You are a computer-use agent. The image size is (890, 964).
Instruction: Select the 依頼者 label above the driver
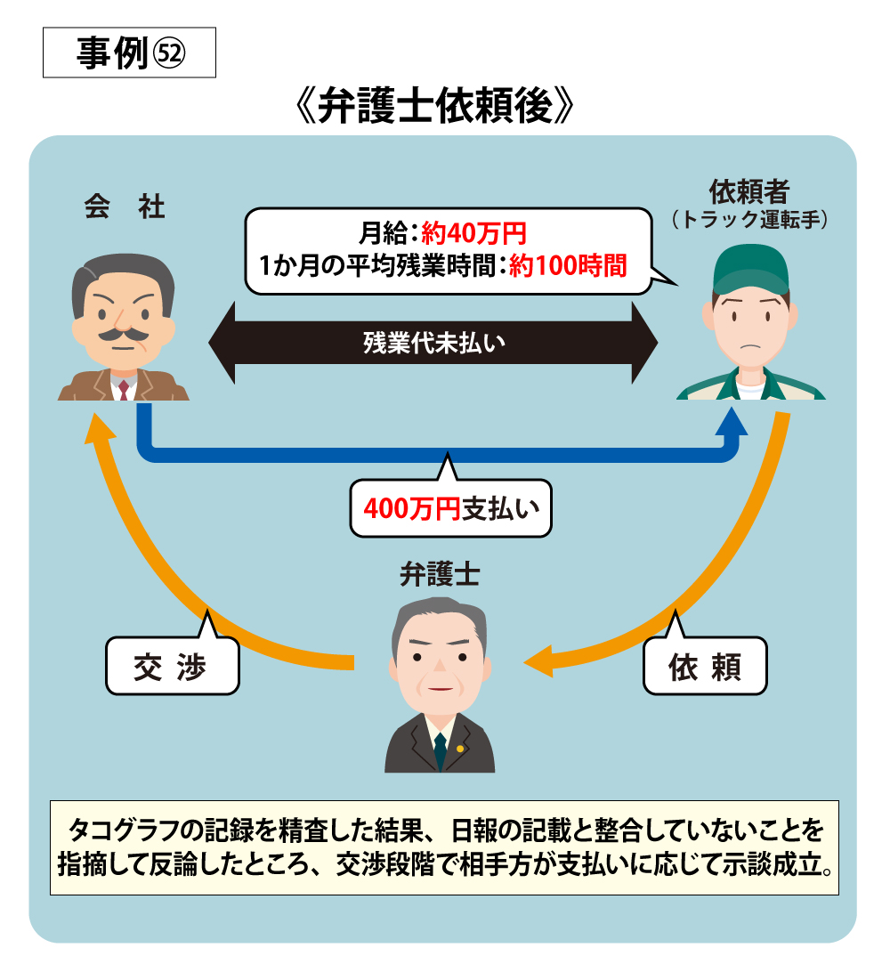(x=748, y=191)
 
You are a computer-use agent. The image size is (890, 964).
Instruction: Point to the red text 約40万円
(x=473, y=233)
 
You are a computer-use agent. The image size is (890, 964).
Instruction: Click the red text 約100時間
(x=568, y=265)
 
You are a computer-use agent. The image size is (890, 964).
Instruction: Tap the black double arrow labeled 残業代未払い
(x=433, y=343)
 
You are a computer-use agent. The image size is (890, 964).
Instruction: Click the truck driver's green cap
(x=750, y=270)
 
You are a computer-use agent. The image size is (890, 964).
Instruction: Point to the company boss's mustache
(x=124, y=335)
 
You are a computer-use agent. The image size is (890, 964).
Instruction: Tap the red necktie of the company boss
(x=124, y=390)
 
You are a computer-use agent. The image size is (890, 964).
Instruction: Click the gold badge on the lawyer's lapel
(x=460, y=749)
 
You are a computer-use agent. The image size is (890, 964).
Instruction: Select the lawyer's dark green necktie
(x=440, y=751)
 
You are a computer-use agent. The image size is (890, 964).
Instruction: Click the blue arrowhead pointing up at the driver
(x=732, y=421)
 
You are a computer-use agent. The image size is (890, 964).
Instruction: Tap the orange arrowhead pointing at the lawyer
(x=538, y=662)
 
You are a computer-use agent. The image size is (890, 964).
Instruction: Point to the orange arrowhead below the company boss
(x=100, y=426)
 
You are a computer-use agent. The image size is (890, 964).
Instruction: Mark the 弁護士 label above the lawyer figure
(x=440, y=575)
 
